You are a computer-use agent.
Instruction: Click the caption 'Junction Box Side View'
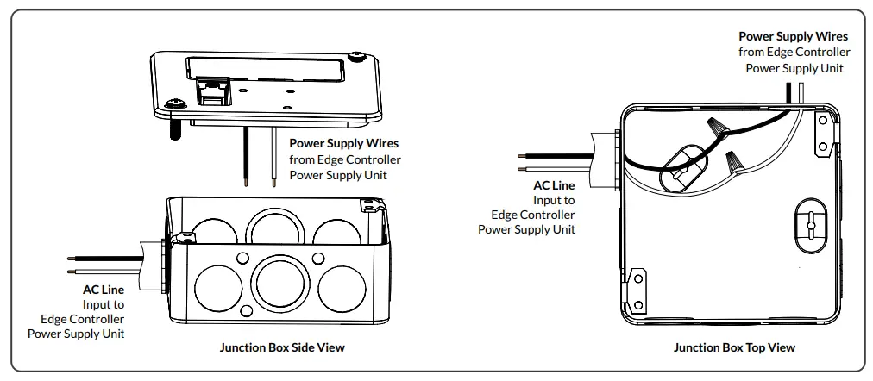tap(282, 347)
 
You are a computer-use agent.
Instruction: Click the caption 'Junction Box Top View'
tap(734, 347)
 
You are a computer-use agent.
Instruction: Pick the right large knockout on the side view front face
tap(340, 284)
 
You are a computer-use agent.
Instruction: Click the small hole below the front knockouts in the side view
tap(246, 310)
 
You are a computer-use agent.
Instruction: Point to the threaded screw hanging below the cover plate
tap(175, 130)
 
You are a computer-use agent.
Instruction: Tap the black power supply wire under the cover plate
tap(247, 156)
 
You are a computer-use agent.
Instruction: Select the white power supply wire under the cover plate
tap(274, 156)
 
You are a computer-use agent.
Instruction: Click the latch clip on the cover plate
tap(210, 89)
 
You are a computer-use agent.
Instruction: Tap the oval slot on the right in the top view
tap(809, 224)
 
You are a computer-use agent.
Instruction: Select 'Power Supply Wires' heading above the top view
tap(793, 37)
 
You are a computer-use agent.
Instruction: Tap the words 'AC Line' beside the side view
tap(104, 290)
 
